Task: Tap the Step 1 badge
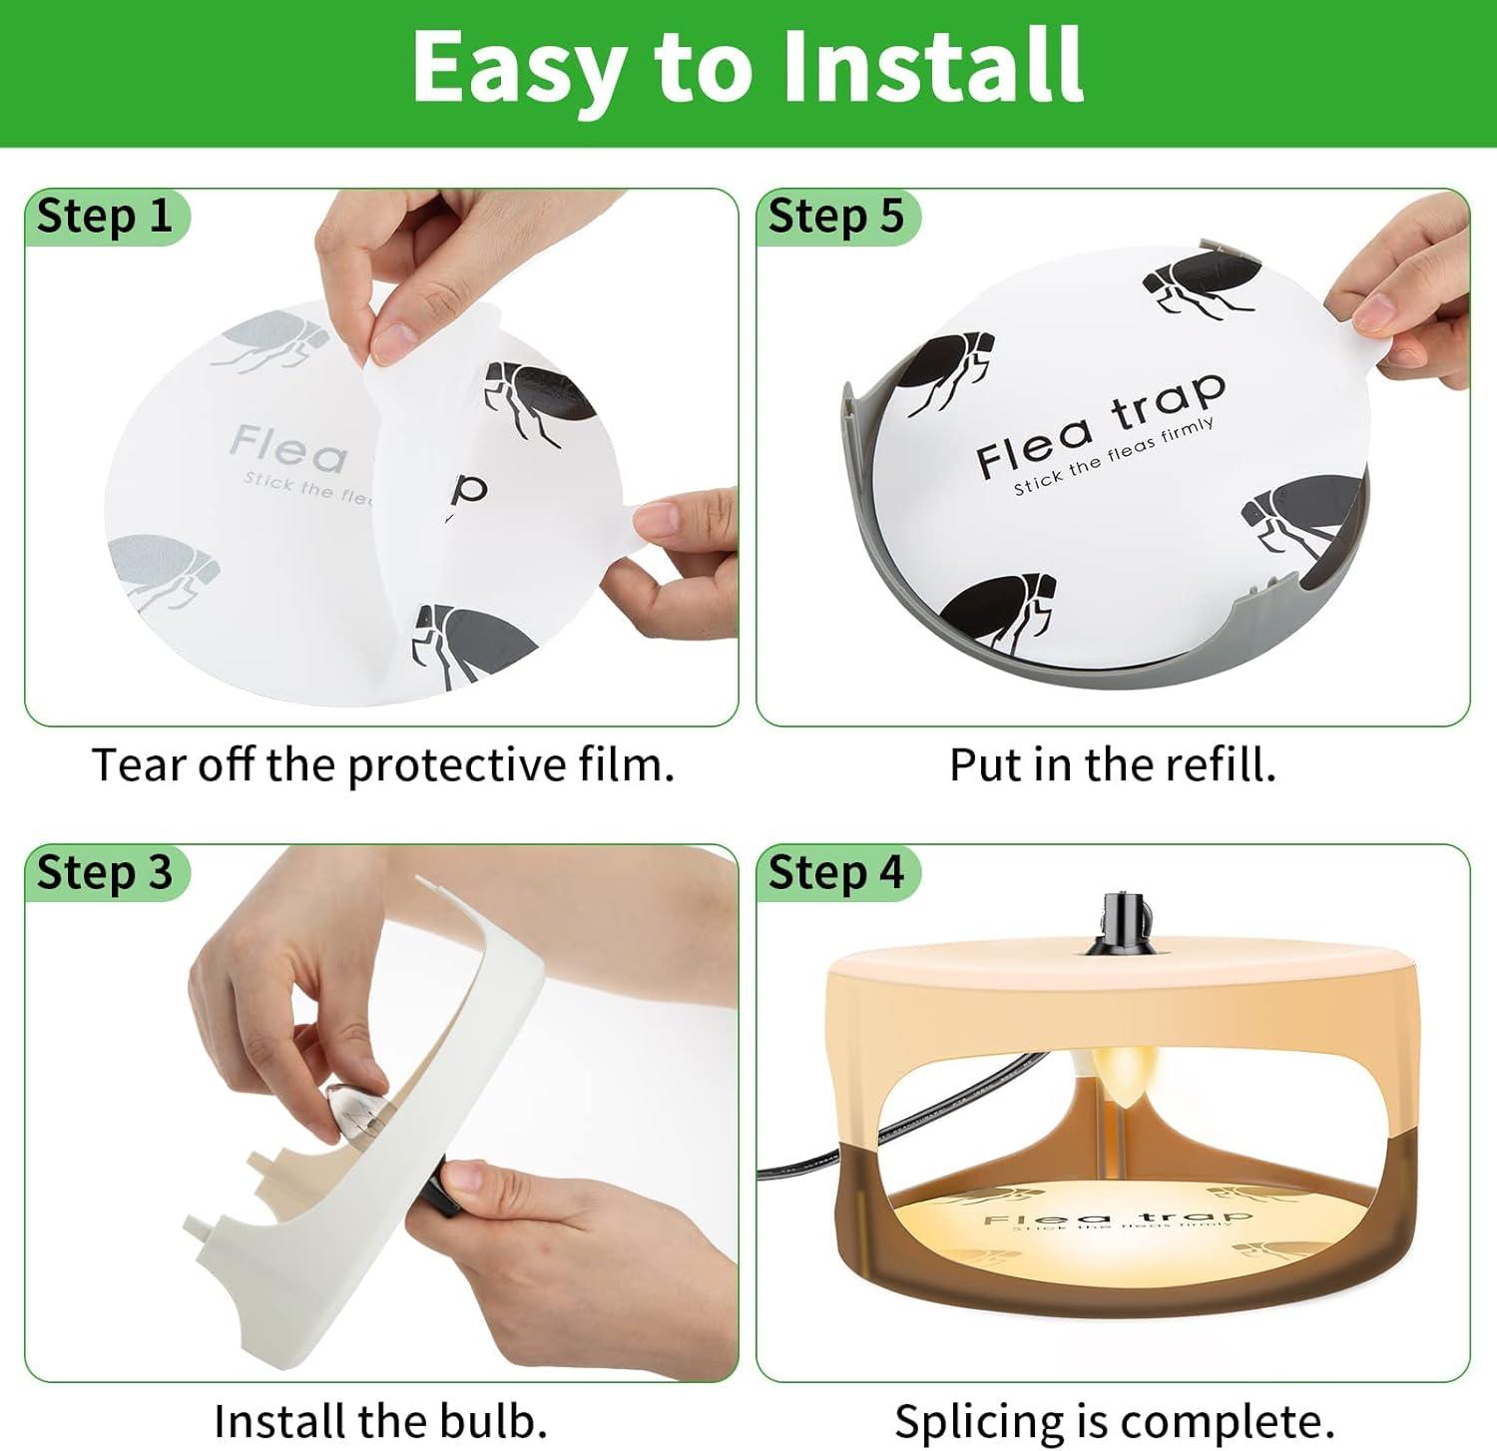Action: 105,216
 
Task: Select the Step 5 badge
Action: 836,216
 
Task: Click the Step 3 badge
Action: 105,872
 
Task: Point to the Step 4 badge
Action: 836,872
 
